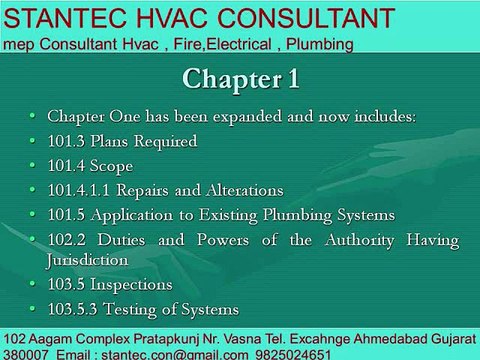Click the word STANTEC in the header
pyautogui.click(x=65, y=18)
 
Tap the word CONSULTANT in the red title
pyautogui.click(x=306, y=18)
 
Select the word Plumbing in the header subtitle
pyautogui.click(x=320, y=45)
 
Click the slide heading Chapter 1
pyautogui.click(x=241, y=79)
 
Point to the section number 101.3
pyautogui.click(x=66, y=141)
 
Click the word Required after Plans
pyautogui.click(x=165, y=142)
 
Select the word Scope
pyautogui.click(x=112, y=167)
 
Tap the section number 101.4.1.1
pyautogui.click(x=79, y=190)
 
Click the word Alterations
pyautogui.click(x=245, y=190)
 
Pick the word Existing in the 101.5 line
pyautogui.click(x=228, y=216)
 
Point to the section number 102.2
pyautogui.click(x=67, y=240)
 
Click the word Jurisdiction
pyautogui.click(x=87, y=261)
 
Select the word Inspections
pyautogui.click(x=131, y=285)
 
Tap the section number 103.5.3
pyautogui.click(x=73, y=309)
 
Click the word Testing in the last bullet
pyautogui.click(x=130, y=310)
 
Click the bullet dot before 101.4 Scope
pyautogui.click(x=32, y=165)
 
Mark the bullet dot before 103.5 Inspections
pyautogui.click(x=32, y=284)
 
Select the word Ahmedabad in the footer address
pyautogui.click(x=391, y=339)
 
